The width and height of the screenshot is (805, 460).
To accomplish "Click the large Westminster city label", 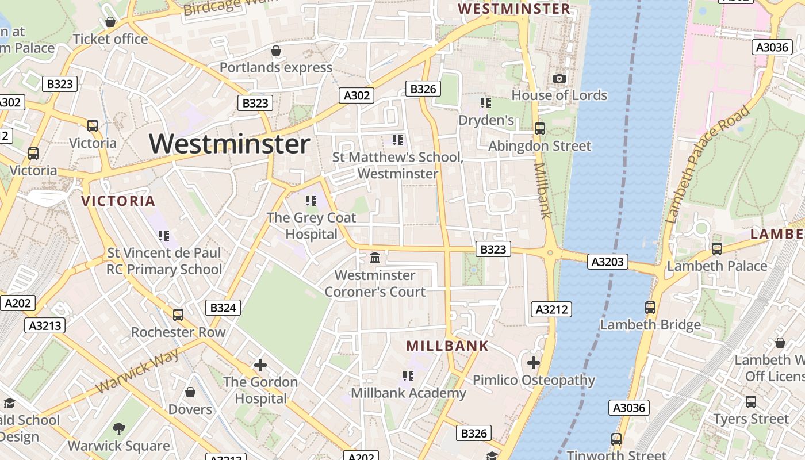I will pyautogui.click(x=230, y=144).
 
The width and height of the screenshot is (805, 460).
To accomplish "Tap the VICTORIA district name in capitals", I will pyautogui.click(x=118, y=201).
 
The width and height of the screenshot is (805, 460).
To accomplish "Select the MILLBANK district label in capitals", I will pyautogui.click(x=447, y=346).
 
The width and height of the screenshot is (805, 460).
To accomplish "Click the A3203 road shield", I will pyautogui.click(x=608, y=262).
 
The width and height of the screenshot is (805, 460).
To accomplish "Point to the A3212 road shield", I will pyautogui.click(x=551, y=309).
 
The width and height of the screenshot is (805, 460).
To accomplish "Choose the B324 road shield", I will pyautogui.click(x=223, y=308).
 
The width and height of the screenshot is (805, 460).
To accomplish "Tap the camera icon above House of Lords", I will pyautogui.click(x=559, y=78).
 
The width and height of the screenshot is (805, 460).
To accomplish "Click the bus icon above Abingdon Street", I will pyautogui.click(x=539, y=129).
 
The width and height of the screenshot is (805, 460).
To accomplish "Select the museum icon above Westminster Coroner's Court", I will pyautogui.click(x=375, y=258).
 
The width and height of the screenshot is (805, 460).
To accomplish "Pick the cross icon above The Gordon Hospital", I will pyautogui.click(x=260, y=365).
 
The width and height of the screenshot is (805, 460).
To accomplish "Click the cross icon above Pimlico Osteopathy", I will pyautogui.click(x=533, y=363).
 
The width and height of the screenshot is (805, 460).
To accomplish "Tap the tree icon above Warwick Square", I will pyautogui.click(x=119, y=428).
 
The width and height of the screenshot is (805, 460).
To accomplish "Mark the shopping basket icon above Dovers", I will pyautogui.click(x=190, y=392).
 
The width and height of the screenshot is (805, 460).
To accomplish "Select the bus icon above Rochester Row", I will pyautogui.click(x=178, y=315).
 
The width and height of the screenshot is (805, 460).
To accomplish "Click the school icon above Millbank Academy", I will pyautogui.click(x=408, y=376).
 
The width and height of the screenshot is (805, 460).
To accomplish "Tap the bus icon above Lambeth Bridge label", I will pyautogui.click(x=650, y=308).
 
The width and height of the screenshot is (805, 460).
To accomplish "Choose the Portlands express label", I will pyautogui.click(x=276, y=67).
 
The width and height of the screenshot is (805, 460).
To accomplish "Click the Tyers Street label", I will pyautogui.click(x=751, y=419).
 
